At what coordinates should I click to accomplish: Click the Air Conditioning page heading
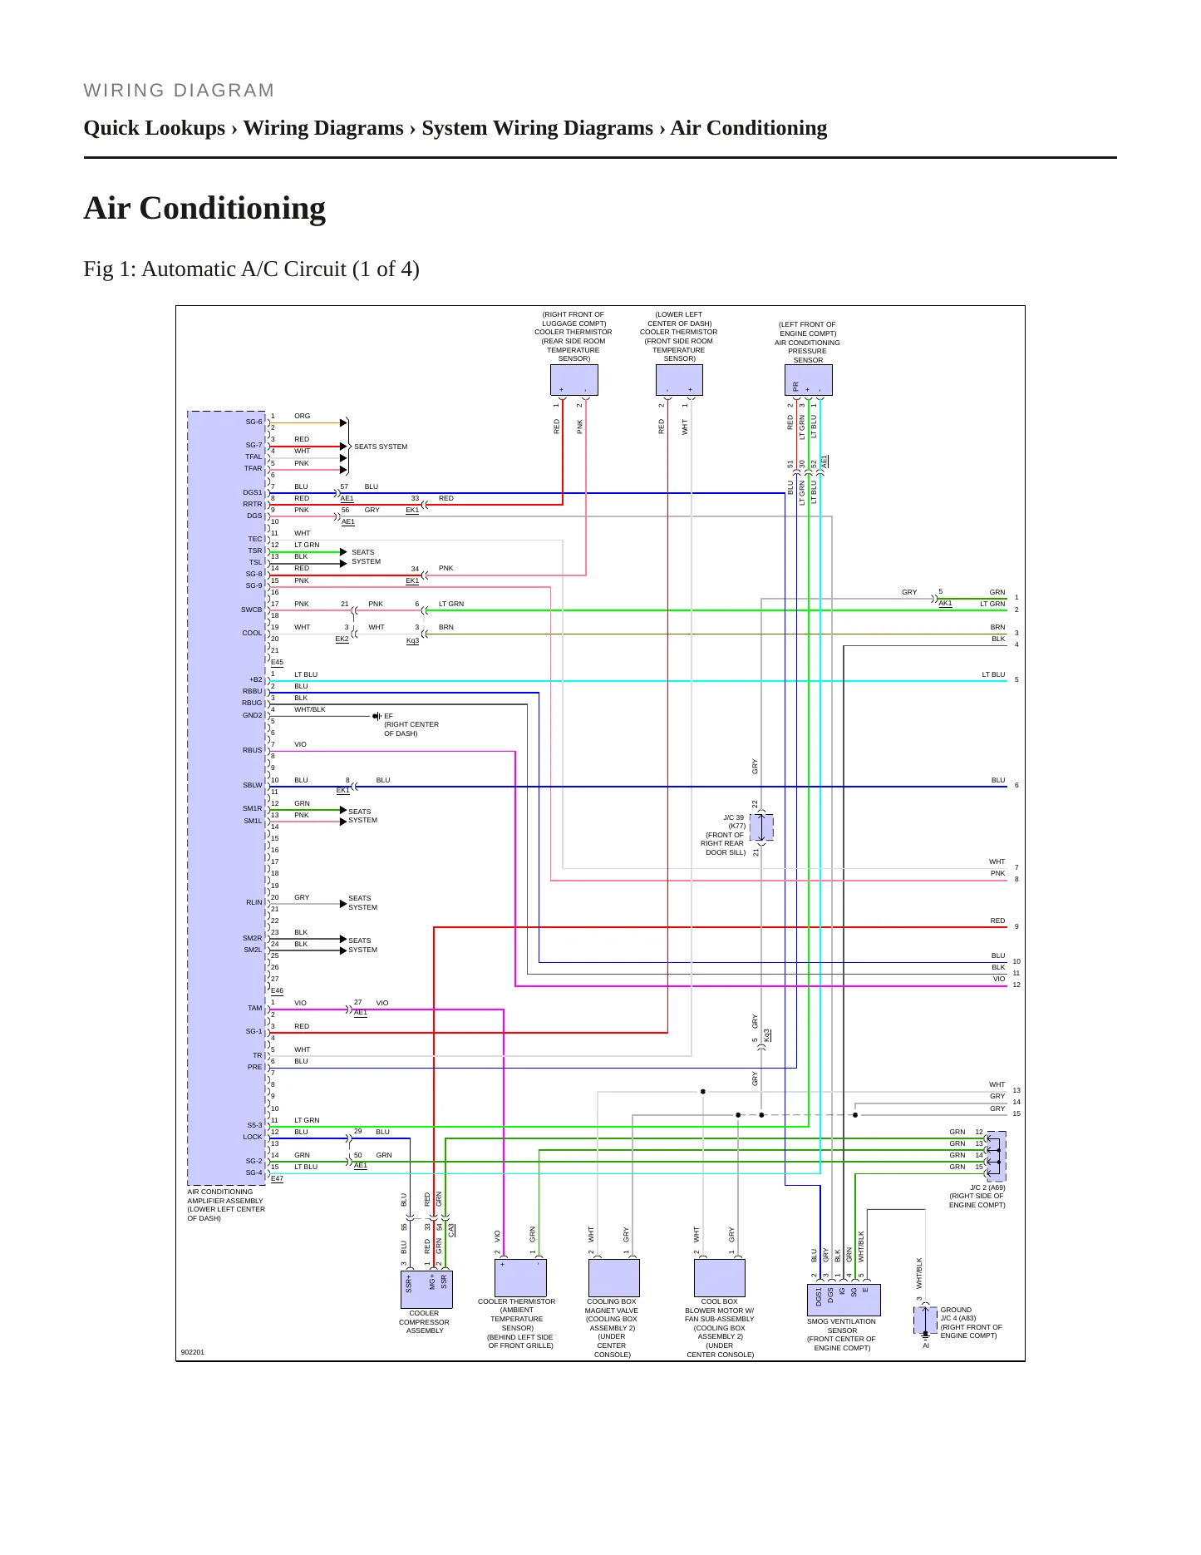coord(204,208)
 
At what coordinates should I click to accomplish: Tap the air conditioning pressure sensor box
coord(808,380)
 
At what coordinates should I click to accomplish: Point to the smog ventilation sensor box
coord(843,1300)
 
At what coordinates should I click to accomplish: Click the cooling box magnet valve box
coord(613,1277)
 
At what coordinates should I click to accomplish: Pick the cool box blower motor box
coord(719,1277)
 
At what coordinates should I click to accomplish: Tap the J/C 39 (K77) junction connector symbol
coord(761,828)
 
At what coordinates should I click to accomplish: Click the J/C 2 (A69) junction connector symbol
coord(996,1156)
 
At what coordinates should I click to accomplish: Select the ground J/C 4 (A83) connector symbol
coord(925,1319)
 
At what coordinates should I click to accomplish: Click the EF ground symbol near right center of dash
coord(377,716)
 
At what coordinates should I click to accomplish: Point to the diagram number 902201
coord(193,1352)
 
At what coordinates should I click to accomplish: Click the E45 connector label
coord(277,663)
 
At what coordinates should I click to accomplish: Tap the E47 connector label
coord(277,1178)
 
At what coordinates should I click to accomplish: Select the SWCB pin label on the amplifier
coord(252,610)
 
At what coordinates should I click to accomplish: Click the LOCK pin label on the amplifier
coord(253,1137)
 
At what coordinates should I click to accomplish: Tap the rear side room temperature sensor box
coord(574,380)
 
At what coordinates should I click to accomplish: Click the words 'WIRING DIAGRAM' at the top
coord(179,91)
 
